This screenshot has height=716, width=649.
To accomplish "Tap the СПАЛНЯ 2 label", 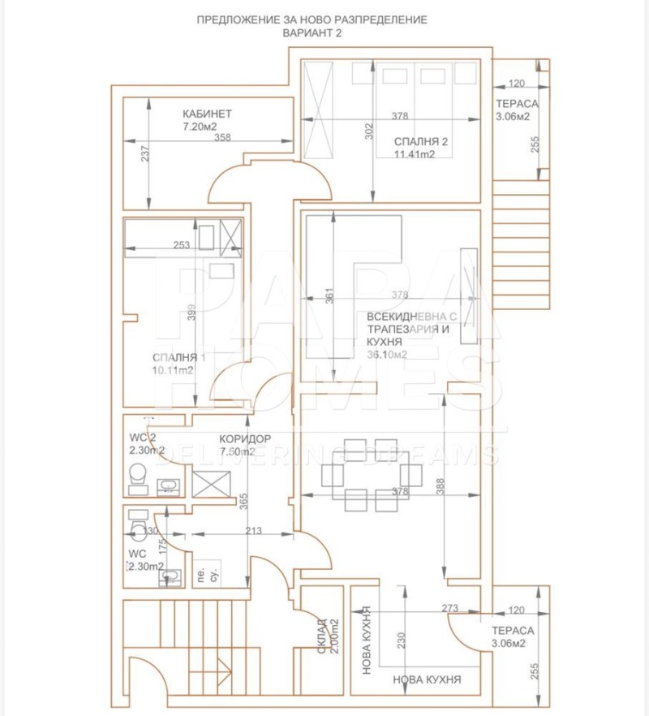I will point(421,141).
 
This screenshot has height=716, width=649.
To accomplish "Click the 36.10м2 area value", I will point(387,355).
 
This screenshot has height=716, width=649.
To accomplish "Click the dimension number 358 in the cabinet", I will point(223,138).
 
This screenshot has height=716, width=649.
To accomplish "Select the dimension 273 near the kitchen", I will point(451,607).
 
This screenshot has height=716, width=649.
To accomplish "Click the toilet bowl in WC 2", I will point(136,474).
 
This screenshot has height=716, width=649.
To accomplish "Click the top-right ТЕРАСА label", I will point(517,104).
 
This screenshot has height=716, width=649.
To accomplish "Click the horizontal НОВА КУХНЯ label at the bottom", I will point(427,680).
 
